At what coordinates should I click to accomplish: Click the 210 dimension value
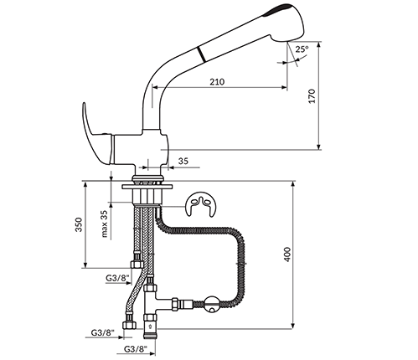tap(217, 82)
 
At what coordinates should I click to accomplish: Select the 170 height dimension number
tap(312, 96)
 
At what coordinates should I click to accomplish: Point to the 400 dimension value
tap(287, 255)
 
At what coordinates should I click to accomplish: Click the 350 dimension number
tap(79, 224)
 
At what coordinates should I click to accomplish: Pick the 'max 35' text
tap(104, 224)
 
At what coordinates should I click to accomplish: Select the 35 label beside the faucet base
tap(183, 161)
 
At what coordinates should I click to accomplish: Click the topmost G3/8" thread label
tap(117, 278)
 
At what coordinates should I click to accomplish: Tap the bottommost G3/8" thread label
tap(136, 349)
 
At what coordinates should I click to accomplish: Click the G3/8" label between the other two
tap(103, 332)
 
